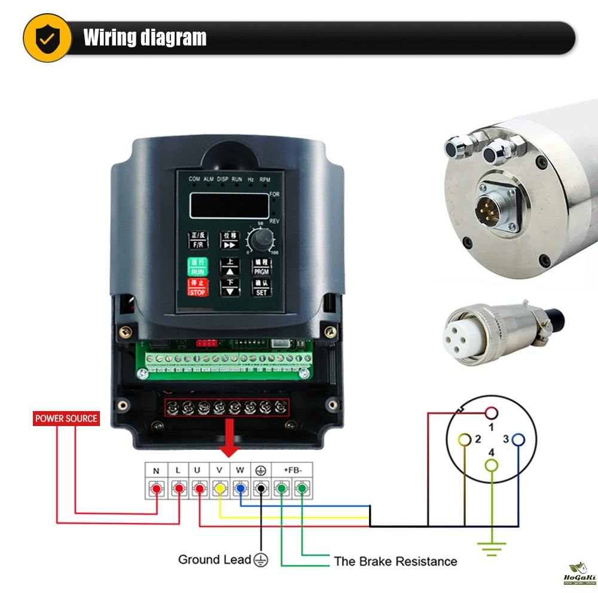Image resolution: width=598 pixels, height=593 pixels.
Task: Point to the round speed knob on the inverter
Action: point(260,241)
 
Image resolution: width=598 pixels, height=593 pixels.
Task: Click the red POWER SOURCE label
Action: point(66,418)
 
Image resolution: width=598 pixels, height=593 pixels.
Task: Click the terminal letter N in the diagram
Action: point(156,471)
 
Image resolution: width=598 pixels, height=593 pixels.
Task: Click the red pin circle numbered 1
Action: point(492,412)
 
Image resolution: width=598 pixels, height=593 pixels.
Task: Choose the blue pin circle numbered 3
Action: point(518,440)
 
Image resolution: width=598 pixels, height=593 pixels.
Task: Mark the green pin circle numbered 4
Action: point(491,464)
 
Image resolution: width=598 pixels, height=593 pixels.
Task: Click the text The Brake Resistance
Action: point(395,561)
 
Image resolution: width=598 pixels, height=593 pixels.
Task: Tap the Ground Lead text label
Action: point(214,559)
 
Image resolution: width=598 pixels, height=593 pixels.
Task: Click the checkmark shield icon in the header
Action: point(47,38)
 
